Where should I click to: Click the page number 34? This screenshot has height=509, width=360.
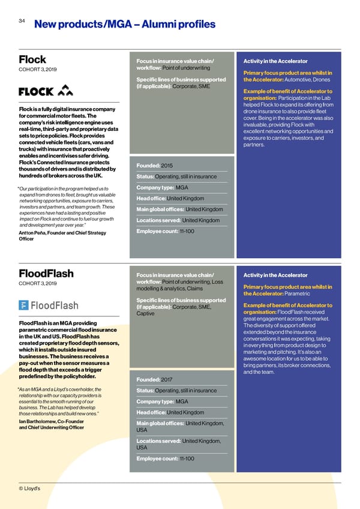coord(22,20)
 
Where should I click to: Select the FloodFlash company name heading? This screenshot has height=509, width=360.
coord(46,274)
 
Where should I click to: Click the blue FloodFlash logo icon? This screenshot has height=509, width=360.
coord(25,306)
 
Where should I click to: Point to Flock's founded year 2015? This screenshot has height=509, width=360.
coord(167,165)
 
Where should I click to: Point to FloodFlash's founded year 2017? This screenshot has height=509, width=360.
coord(167,379)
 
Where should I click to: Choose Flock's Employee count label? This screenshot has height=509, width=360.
coord(157,232)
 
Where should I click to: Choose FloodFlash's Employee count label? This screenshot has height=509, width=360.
coord(157,459)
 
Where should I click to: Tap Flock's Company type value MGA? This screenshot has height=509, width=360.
coord(182,187)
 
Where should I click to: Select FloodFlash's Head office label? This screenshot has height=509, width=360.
coord(151,412)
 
